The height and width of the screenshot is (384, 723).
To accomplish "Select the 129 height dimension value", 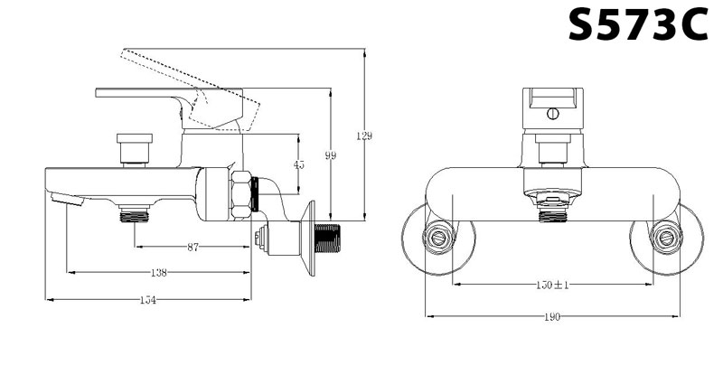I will point(364,136).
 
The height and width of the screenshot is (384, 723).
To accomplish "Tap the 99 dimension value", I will point(331,156).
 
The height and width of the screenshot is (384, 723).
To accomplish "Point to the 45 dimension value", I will point(299,164).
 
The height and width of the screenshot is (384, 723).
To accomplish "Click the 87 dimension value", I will point(193,248).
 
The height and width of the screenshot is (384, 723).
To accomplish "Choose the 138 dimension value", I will point(159,272).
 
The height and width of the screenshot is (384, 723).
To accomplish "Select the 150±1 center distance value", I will point(551,286).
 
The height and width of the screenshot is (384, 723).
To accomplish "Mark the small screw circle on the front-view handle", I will point(552,115).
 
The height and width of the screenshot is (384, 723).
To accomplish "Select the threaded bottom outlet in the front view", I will point(552,214).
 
